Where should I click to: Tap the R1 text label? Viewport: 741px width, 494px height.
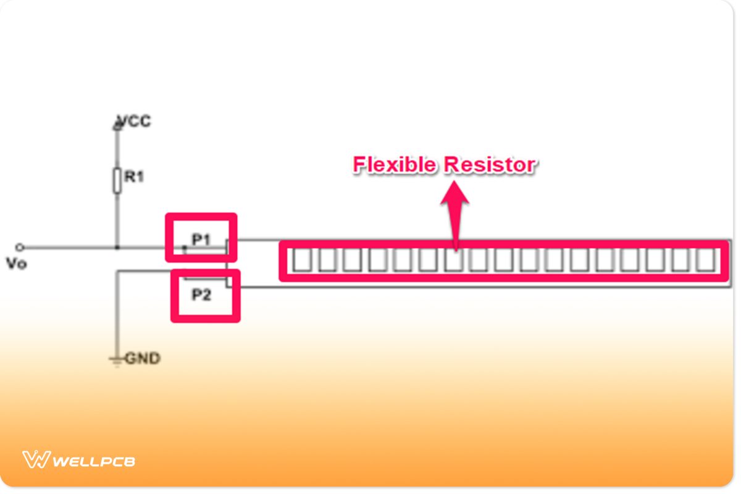(x=134, y=177)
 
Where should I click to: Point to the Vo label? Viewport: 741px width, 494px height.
(x=16, y=264)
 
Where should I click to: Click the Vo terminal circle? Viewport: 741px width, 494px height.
(x=20, y=248)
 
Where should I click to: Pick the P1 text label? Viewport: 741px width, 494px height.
(x=201, y=240)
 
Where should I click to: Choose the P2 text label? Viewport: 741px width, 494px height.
(x=201, y=295)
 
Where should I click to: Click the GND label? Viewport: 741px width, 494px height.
(x=143, y=358)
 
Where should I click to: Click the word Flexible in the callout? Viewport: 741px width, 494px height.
(x=395, y=165)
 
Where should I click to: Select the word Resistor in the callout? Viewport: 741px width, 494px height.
(x=490, y=165)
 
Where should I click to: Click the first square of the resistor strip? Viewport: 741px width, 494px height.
(x=301, y=260)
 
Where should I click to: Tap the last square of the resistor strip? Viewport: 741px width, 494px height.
(x=706, y=260)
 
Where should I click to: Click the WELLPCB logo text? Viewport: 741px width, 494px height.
(x=94, y=461)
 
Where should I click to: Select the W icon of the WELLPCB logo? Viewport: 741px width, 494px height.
(x=36, y=459)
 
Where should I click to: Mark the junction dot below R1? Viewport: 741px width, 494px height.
(x=116, y=248)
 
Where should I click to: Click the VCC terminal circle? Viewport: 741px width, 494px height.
(x=116, y=127)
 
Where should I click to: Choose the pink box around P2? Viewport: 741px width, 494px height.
(x=205, y=318)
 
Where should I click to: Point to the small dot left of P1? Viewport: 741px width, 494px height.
(x=183, y=248)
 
